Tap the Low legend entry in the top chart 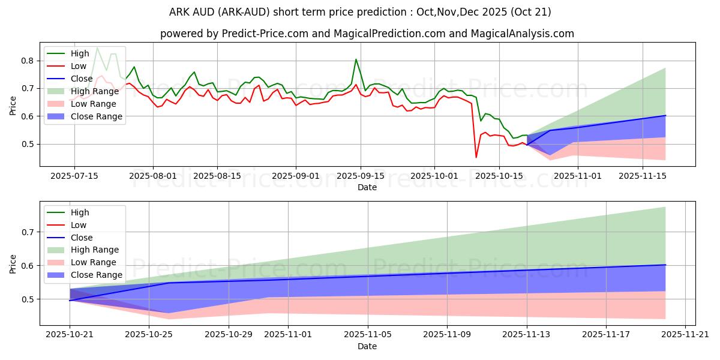click(79, 66)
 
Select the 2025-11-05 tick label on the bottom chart click(367, 334)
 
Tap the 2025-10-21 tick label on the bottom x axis click(70, 334)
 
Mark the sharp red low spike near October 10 click(476, 157)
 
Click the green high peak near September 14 click(356, 59)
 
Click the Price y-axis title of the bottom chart click(13, 263)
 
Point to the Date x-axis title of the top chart click(367, 187)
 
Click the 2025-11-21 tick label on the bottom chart click(685, 334)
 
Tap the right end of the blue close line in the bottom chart click(665, 265)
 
